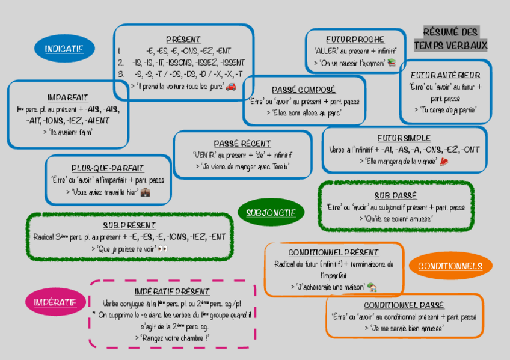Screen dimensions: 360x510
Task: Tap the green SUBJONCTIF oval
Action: coord(271,212)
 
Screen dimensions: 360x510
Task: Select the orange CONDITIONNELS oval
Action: coord(450,266)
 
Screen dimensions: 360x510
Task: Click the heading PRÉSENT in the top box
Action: coord(183,39)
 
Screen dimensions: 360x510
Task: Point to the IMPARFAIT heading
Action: coord(67,97)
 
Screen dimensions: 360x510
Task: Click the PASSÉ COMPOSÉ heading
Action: coord(304,90)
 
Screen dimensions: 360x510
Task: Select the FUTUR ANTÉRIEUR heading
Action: coord(446,75)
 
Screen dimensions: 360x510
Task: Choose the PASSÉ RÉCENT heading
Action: coord(242,144)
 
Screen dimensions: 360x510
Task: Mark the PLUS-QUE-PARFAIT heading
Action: coord(108,168)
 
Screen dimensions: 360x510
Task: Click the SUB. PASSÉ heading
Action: coord(395,195)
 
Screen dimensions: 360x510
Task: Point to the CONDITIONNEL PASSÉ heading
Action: coord(404,305)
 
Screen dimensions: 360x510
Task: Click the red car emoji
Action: coord(231,86)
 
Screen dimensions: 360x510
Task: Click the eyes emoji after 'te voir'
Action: coord(162,248)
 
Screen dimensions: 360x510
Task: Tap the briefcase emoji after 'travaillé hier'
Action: coord(145,192)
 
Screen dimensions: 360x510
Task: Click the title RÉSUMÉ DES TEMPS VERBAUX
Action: coord(450,38)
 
